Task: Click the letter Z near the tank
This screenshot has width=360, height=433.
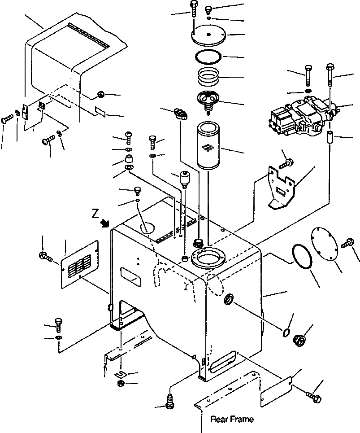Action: [x=95, y=214]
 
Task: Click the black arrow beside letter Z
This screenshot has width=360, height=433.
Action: [x=106, y=223]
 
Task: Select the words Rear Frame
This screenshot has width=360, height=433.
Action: [x=232, y=420]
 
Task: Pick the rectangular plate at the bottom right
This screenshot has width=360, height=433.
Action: [x=276, y=389]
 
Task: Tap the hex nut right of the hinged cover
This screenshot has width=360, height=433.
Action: [x=101, y=95]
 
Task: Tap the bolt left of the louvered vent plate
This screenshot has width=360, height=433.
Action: [x=45, y=257]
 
